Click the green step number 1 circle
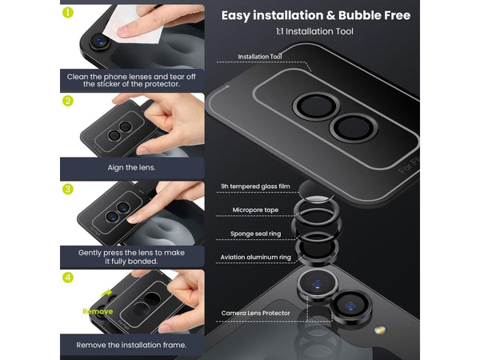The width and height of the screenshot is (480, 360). tap(68, 13)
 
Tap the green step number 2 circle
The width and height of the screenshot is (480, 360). tap(68, 101)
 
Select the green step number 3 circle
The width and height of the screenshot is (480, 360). tap(68, 189)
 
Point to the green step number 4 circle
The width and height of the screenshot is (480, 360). tap(68, 278)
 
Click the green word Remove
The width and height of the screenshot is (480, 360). tap(98, 312)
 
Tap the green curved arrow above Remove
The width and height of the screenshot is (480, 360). tap(106, 294)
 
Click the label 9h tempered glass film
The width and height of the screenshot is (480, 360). tap(255, 186)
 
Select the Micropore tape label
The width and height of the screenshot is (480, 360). tap(255, 210)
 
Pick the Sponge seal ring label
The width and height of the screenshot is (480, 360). tap(255, 234)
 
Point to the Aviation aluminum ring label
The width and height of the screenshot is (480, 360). tap(256, 257)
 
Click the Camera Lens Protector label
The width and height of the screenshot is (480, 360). tap(255, 313)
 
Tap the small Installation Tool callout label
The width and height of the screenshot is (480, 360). tap(259, 57)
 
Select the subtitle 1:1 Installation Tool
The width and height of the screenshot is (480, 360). tap(314, 31)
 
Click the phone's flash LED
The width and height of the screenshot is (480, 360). tap(380, 330)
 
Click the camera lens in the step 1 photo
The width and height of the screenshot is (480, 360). tap(99, 41)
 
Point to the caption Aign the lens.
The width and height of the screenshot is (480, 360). tap(132, 168)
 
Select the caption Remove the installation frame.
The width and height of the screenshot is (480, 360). tap(131, 345)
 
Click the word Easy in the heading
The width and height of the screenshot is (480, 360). tap(235, 16)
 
